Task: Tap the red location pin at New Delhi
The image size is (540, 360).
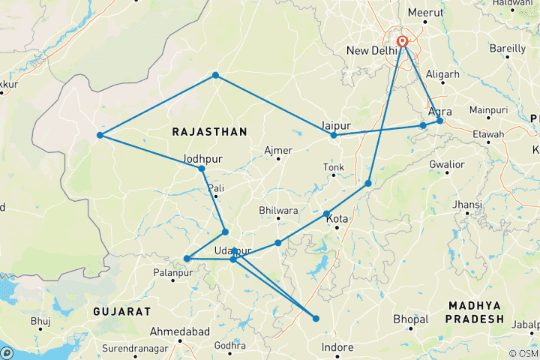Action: tap(403, 42)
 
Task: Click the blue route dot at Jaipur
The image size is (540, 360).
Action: tap(334, 135)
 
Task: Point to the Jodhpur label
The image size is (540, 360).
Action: tap(202, 158)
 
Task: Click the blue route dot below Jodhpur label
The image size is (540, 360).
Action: tap(202, 169)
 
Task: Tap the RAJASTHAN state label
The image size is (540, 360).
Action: tap(209, 131)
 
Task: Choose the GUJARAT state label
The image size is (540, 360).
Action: tap(122, 310)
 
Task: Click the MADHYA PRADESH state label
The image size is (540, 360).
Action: tap(475, 312)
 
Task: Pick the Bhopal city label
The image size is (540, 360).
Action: tap(410, 319)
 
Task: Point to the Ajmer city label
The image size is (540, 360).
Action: tap(278, 150)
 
